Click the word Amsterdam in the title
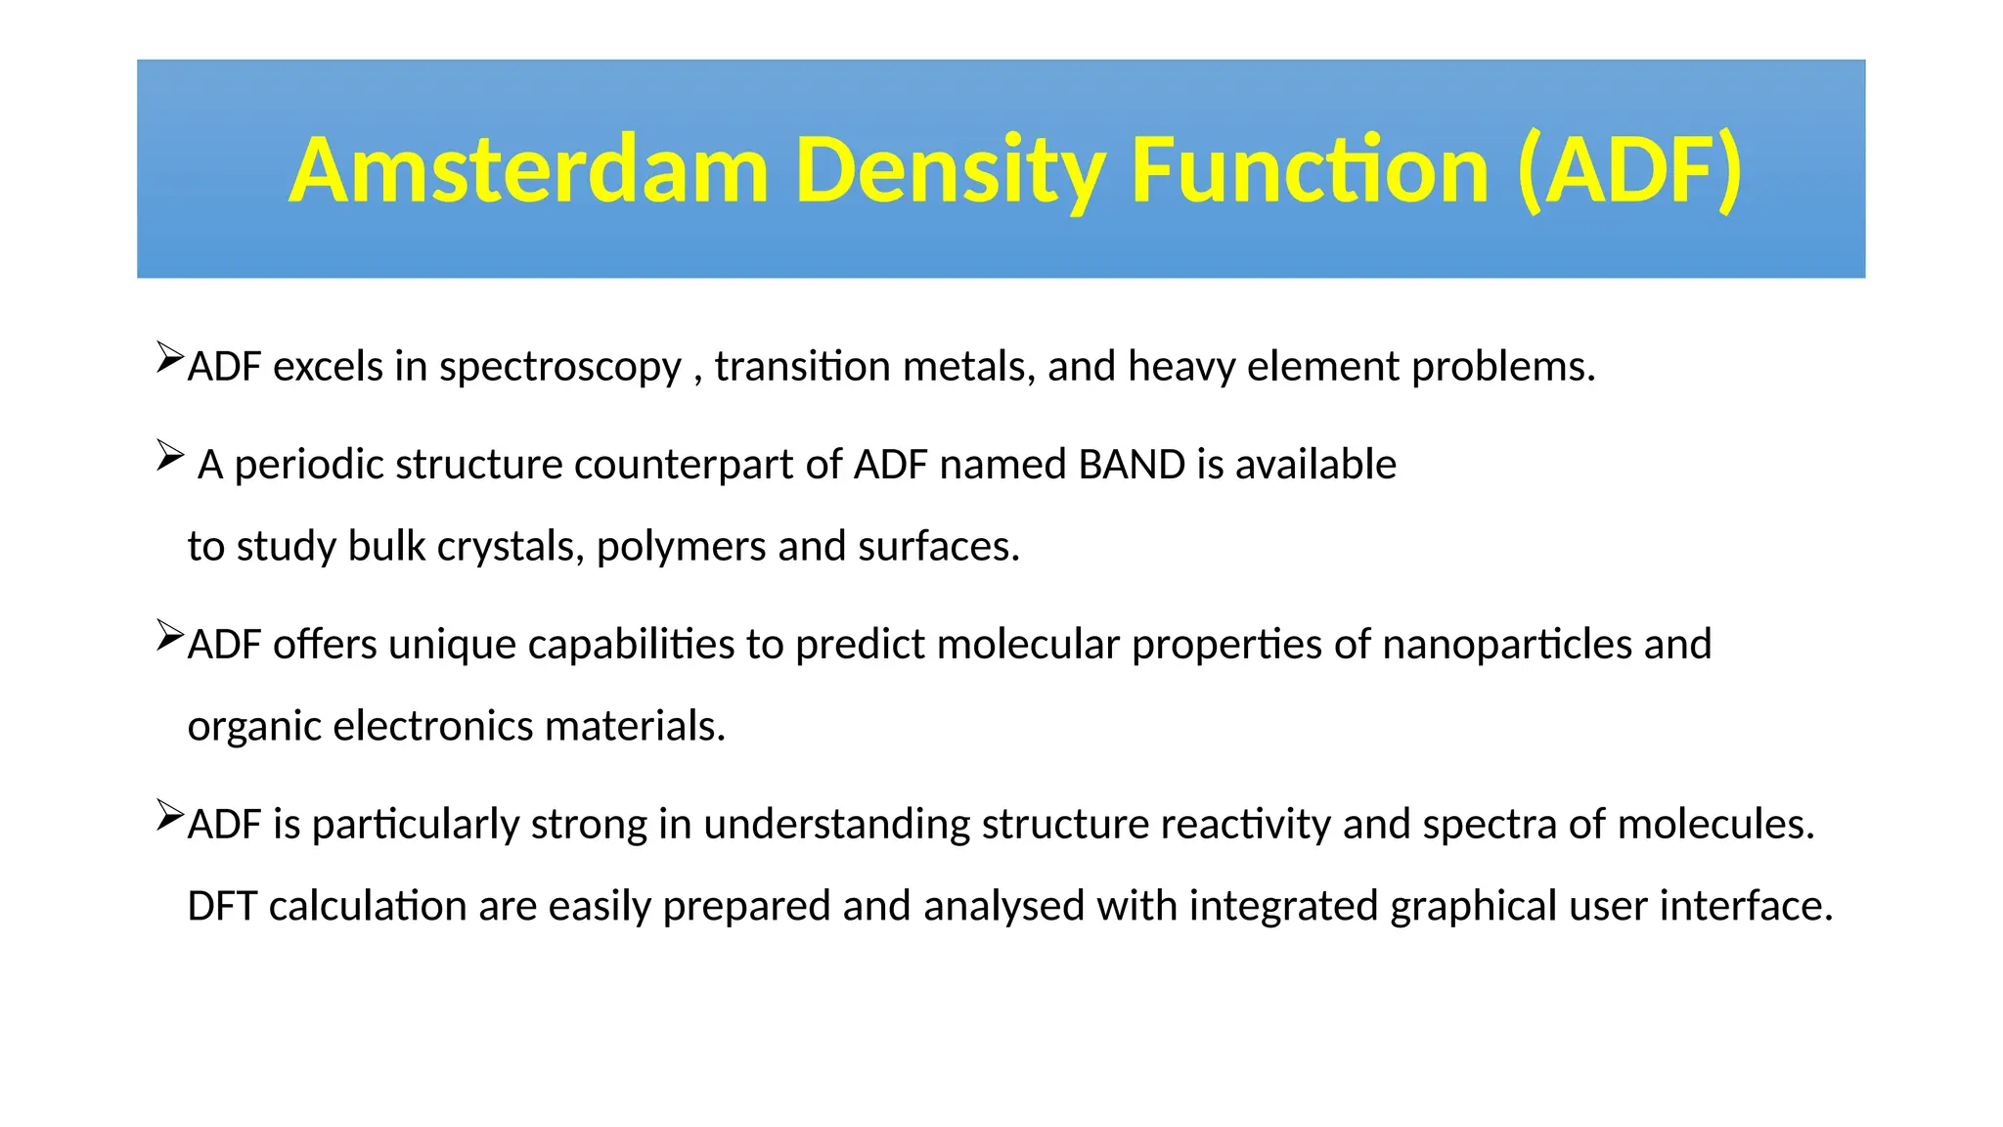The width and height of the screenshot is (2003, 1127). pyautogui.click(x=528, y=171)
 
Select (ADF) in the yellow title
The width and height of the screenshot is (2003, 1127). pyautogui.click(x=1629, y=171)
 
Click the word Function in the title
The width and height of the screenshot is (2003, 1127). pyautogui.click(x=1310, y=171)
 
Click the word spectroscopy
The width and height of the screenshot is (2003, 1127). pyautogui.click(x=559, y=368)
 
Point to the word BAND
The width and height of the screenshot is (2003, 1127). pyautogui.click(x=1132, y=465)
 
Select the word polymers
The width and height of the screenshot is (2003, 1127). pyautogui.click(x=681, y=547)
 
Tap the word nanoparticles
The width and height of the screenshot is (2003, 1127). pyautogui.click(x=1507, y=645)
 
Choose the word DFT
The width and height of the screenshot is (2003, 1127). pyautogui.click(x=222, y=907)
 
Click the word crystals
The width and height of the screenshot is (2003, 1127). pyautogui.click(x=510, y=547)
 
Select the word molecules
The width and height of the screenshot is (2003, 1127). pyautogui.click(x=1715, y=825)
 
